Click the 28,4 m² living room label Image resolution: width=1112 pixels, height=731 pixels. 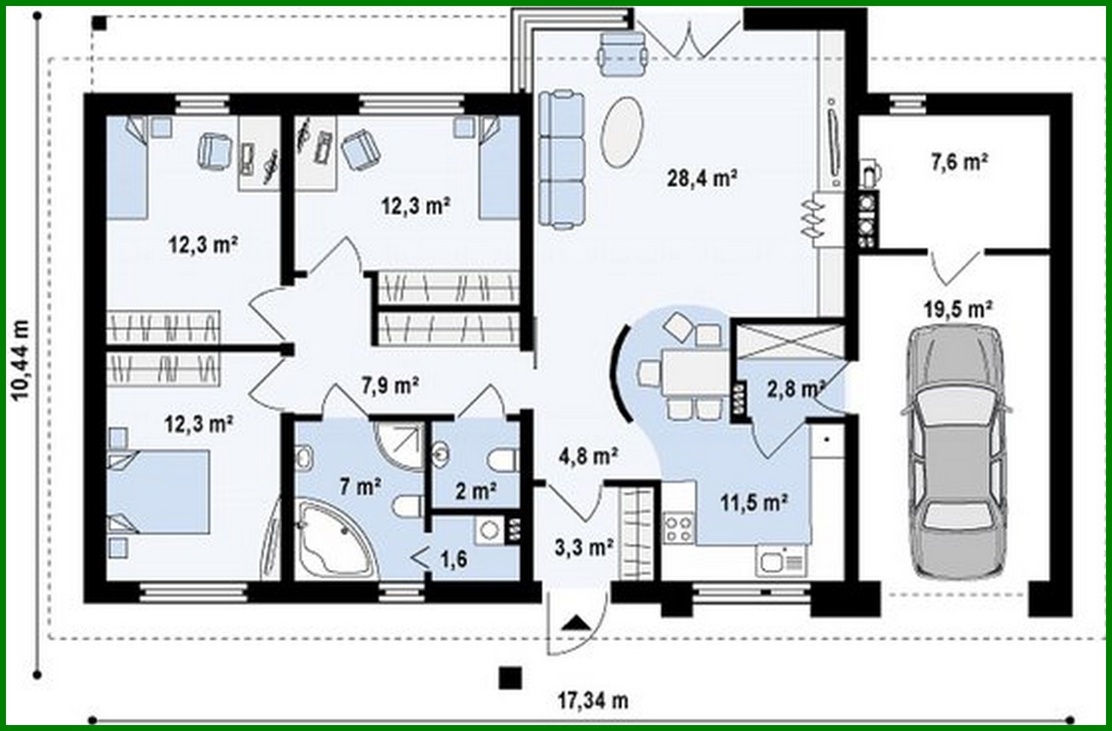coord(701,178)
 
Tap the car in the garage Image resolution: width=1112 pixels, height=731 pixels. coord(956,453)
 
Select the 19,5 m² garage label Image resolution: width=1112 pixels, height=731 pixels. coord(958,309)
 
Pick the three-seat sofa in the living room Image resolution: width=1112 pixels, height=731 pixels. coord(562,160)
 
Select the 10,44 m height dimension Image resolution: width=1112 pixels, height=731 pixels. coord(22,360)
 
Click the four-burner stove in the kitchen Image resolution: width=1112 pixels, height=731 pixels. coord(678,527)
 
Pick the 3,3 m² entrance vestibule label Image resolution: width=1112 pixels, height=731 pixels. coord(584,547)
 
